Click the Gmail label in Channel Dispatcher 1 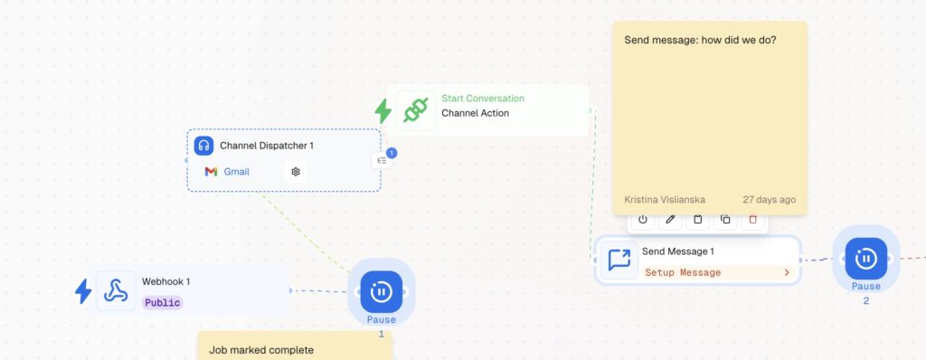pyautogui.click(x=236, y=172)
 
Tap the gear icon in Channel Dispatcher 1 pyautogui.click(x=296, y=172)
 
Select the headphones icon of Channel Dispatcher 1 pyautogui.click(x=203, y=146)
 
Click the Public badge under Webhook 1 pyautogui.click(x=163, y=303)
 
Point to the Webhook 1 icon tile pyautogui.click(x=116, y=291)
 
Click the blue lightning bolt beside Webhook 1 pyautogui.click(x=83, y=291)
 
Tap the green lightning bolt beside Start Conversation pyautogui.click(x=383, y=111)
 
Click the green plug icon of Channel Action pyautogui.click(x=416, y=110)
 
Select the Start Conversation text pyautogui.click(x=483, y=98)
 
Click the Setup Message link pyautogui.click(x=683, y=272)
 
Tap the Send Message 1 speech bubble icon pyautogui.click(x=619, y=261)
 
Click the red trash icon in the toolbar pyautogui.click(x=752, y=219)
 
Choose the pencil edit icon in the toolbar pyautogui.click(x=670, y=219)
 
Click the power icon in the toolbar pyautogui.click(x=643, y=219)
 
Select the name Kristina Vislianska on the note pyautogui.click(x=665, y=200)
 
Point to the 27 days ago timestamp pyautogui.click(x=769, y=200)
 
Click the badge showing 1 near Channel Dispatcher pyautogui.click(x=392, y=153)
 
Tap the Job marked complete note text pyautogui.click(x=261, y=350)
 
